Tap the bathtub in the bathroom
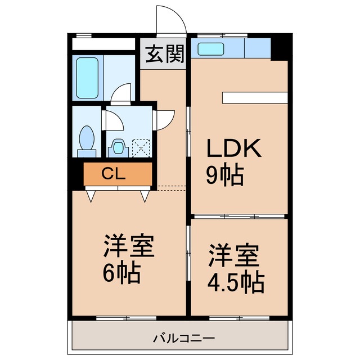[88, 78]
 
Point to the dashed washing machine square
[141, 147]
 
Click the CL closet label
[117, 174]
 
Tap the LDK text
[234, 149]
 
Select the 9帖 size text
[224, 175]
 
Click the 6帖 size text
[120, 274]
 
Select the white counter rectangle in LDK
[255, 97]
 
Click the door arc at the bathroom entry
[120, 93]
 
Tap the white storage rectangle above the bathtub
[105, 44]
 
